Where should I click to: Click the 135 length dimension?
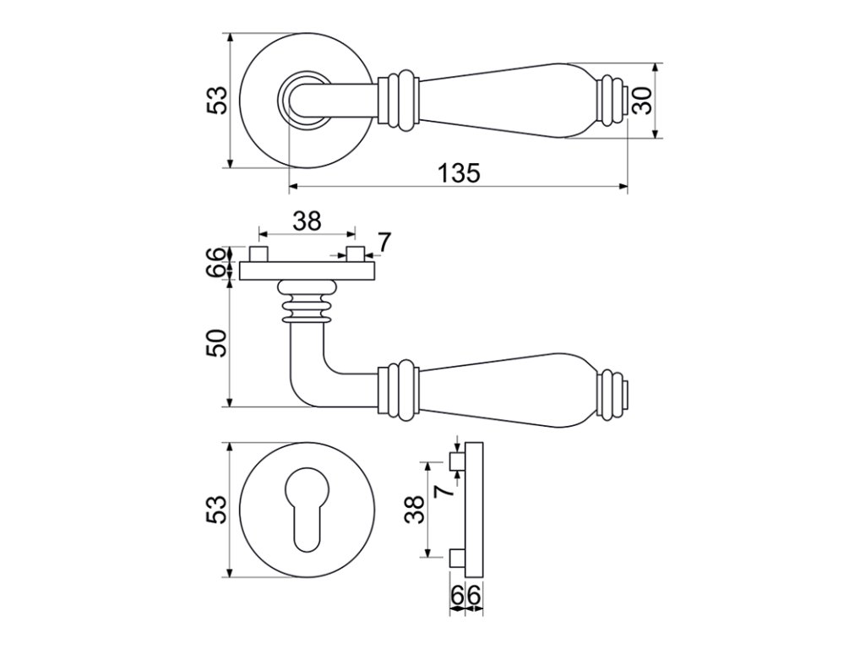click(459, 173)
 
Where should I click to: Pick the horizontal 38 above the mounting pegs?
click(307, 221)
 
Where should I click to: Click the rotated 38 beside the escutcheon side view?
click(414, 510)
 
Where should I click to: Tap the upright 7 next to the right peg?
click(384, 243)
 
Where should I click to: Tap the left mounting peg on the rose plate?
click(260, 254)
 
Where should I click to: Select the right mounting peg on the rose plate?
click(356, 254)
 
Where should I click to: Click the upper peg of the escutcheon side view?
click(457, 461)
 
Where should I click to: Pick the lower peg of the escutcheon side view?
click(457, 557)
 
